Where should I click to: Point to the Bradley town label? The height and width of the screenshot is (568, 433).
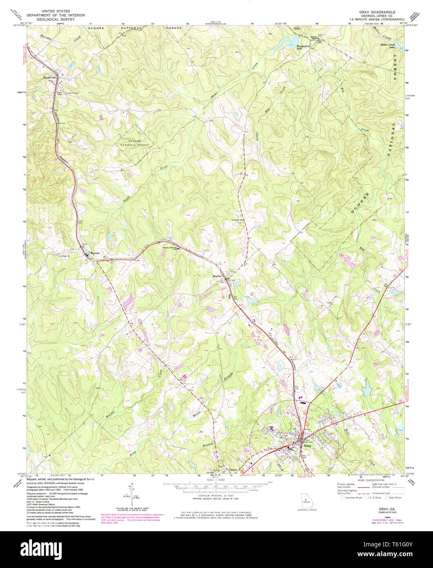(217, 276)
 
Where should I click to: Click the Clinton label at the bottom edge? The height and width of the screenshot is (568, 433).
(233, 470)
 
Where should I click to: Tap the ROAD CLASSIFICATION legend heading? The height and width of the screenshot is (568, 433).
(370, 480)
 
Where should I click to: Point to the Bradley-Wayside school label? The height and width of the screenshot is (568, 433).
(170, 247)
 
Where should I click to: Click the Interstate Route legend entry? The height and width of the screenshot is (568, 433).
(351, 497)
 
